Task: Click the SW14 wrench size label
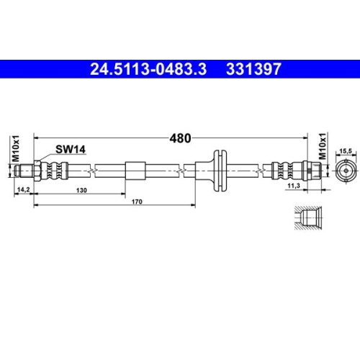pos(71,149)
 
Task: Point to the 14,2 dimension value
pos(22,191)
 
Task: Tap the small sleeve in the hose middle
pos(135,171)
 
